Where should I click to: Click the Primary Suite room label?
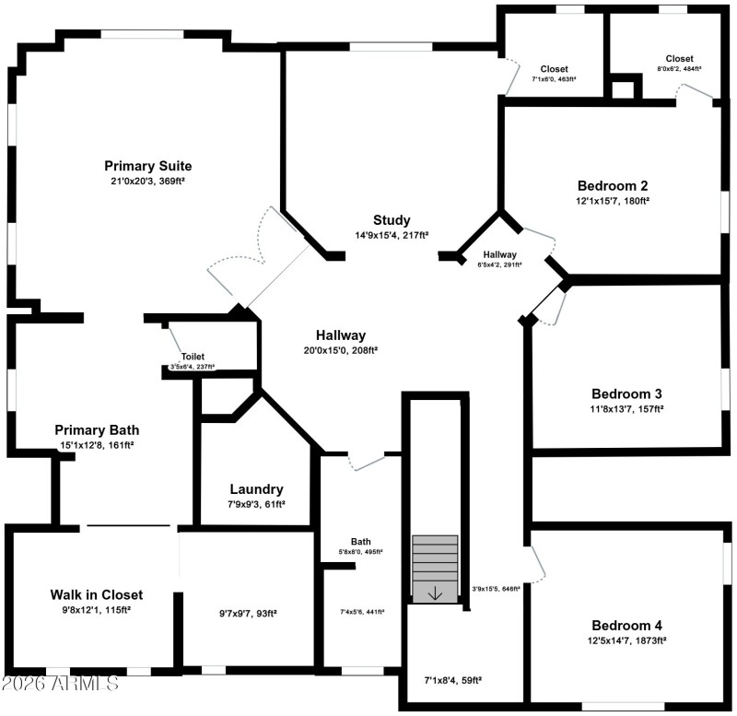click(x=147, y=166)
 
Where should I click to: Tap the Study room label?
click(x=392, y=220)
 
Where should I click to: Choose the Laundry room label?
click(x=256, y=489)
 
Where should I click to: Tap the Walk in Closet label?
click(x=97, y=594)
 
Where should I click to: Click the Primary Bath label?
click(x=97, y=430)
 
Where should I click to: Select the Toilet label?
click(x=193, y=357)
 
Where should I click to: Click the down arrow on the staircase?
click(x=435, y=593)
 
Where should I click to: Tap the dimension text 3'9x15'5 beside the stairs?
click(x=496, y=588)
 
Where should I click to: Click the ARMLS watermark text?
click(x=60, y=684)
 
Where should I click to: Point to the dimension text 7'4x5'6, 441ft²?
click(x=361, y=611)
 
